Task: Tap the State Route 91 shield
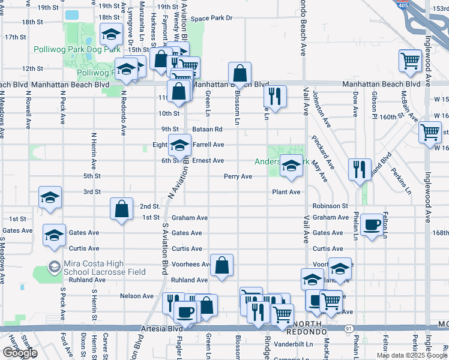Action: pyautogui.click(x=348, y=328)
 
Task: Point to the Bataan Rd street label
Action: pyautogui.click(x=208, y=129)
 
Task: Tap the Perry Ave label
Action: pyautogui.click(x=238, y=176)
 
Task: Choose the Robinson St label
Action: pyautogui.click(x=330, y=206)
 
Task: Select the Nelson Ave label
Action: pyautogui.click(x=137, y=296)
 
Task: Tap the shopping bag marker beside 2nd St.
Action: pyautogui.click(x=121, y=209)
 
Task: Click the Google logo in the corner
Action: pyautogui.click(x=20, y=353)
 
